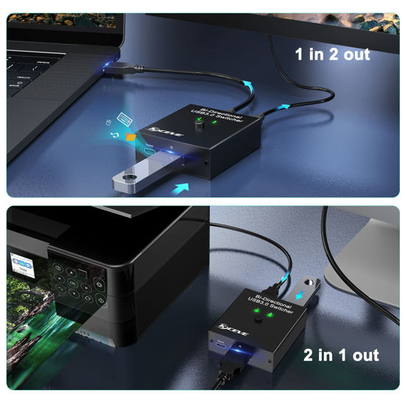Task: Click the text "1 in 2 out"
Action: point(332,54)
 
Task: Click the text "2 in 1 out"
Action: point(341,355)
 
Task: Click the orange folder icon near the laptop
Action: point(130,136)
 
